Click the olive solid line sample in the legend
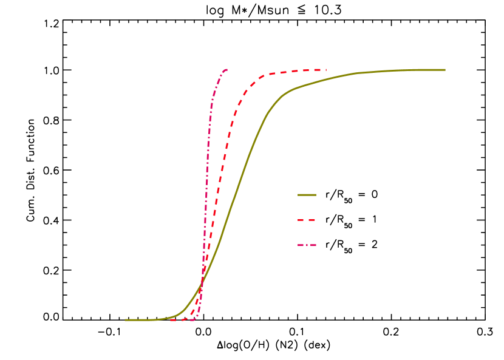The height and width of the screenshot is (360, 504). click(x=307, y=195)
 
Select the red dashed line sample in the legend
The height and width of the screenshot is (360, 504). click(x=307, y=220)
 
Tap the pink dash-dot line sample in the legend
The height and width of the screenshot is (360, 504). click(x=307, y=245)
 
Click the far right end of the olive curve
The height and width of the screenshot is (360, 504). click(x=444, y=70)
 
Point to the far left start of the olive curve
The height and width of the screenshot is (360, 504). click(x=126, y=319)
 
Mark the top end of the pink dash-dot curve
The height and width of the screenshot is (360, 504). click(x=226, y=69)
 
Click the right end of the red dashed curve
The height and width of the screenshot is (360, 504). click(x=326, y=70)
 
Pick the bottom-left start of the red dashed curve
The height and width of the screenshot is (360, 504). click(x=171, y=319)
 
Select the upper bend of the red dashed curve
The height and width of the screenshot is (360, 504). click(x=252, y=84)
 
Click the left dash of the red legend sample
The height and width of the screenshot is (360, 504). click(x=301, y=220)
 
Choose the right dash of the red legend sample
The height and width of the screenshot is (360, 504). click(x=312, y=220)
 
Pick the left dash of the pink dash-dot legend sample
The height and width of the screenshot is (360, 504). click(x=301, y=245)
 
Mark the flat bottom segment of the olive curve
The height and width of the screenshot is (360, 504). click(x=143, y=319)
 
